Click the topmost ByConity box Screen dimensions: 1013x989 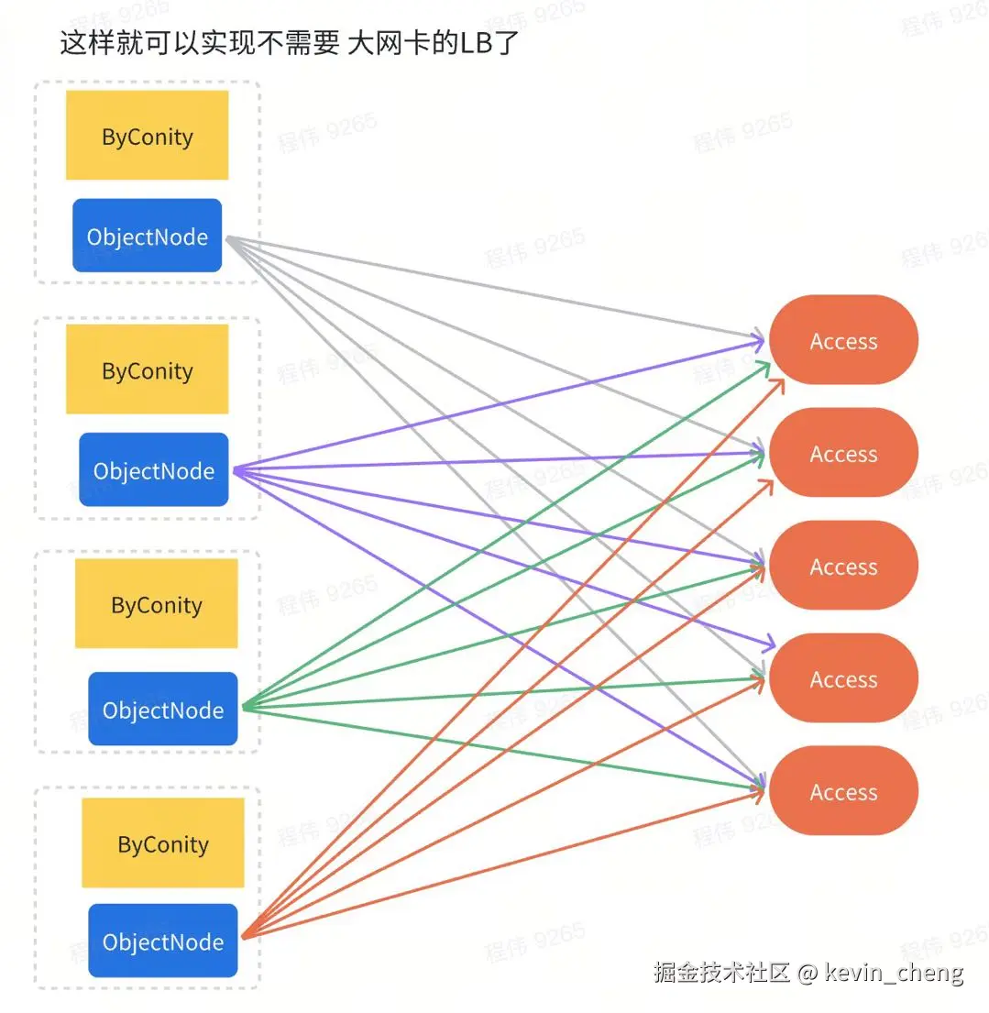(147, 136)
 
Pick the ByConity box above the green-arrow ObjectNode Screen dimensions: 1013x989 (156, 604)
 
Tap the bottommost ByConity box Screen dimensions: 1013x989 (162, 843)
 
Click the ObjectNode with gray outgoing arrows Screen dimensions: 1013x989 (147, 236)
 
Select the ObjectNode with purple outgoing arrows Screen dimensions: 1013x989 (153, 470)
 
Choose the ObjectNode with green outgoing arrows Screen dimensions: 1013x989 (162, 709)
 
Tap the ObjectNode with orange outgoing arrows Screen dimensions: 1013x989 (162, 941)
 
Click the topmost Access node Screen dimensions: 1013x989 (843, 340)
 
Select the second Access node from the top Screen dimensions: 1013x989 (843, 453)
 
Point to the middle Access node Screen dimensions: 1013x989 (843, 566)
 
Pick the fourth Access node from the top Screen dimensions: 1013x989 (843, 678)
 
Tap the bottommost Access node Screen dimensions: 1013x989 (843, 791)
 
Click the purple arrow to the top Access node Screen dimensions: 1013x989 (500, 405)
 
